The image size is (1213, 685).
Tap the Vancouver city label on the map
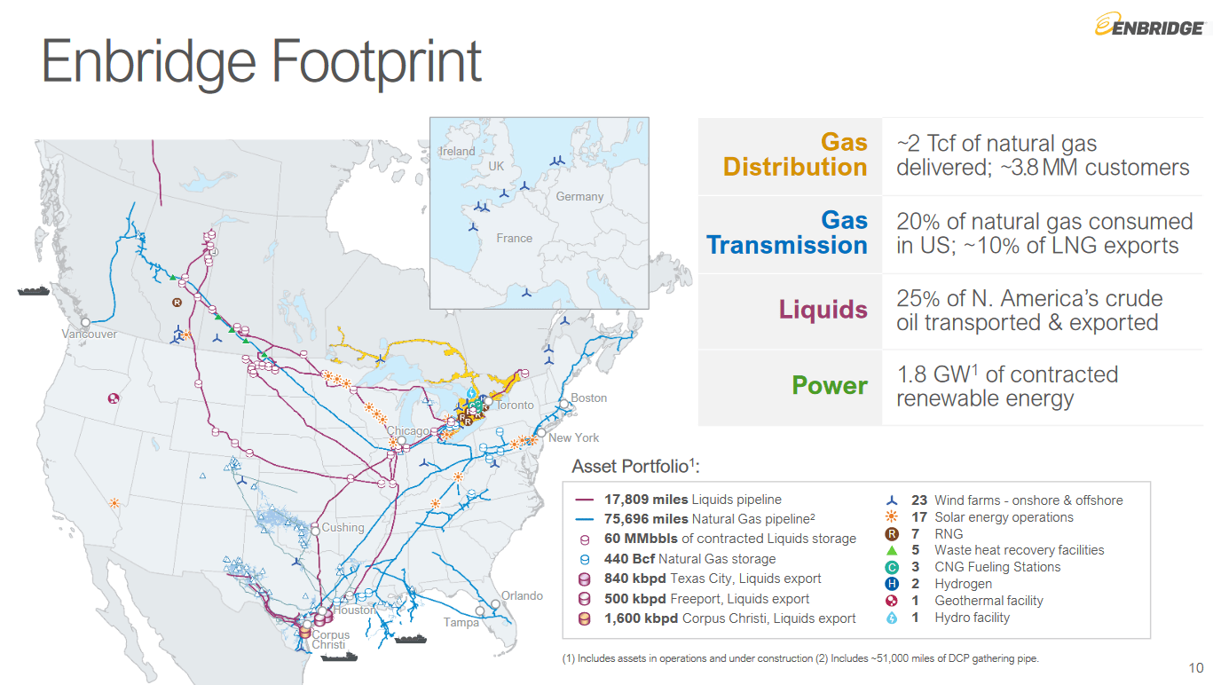(89, 335)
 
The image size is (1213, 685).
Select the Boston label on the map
(588, 398)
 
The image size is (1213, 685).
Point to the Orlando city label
(522, 595)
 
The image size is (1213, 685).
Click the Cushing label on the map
(343, 528)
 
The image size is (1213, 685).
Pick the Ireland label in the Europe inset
(458, 152)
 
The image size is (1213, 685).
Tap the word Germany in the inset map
(579, 197)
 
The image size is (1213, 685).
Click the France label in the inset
(515, 239)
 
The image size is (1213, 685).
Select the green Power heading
(829, 386)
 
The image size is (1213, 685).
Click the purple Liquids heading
(823, 310)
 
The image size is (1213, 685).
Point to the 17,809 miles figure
(646, 500)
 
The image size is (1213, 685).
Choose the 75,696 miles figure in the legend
(646, 518)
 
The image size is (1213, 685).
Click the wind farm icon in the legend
(892, 501)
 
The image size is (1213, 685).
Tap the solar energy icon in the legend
(892, 517)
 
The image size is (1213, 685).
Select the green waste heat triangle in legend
(892, 551)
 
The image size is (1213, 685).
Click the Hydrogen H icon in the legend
(892, 584)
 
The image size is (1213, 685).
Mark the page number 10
(1195, 668)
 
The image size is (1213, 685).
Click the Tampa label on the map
(461, 622)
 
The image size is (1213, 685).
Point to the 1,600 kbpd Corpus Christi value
(641, 618)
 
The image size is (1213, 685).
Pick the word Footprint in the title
(376, 62)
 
